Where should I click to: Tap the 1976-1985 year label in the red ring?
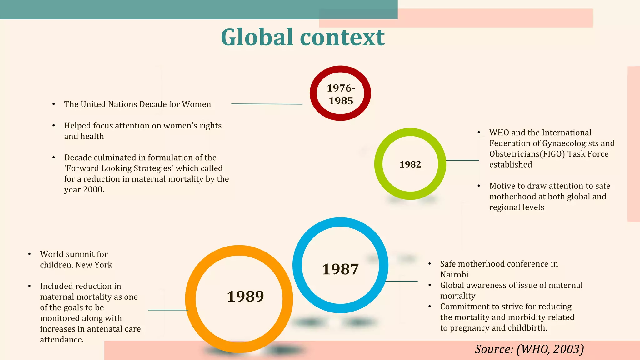coord(341,94)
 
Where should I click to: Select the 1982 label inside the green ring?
coord(410,164)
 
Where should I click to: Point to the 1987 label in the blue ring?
coord(340,269)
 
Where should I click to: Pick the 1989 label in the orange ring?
coord(245,296)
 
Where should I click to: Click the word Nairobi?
coord(454,275)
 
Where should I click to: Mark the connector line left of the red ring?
coord(267,104)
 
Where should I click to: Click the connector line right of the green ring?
coord(462,160)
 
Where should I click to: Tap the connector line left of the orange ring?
coord(168,310)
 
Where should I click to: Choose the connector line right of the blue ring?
coord(402,282)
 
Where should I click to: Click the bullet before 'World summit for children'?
coord(29,254)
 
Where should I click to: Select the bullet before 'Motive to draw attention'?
coord(479,186)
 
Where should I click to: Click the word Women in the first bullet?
coord(196,104)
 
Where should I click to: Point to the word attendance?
coord(62,340)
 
